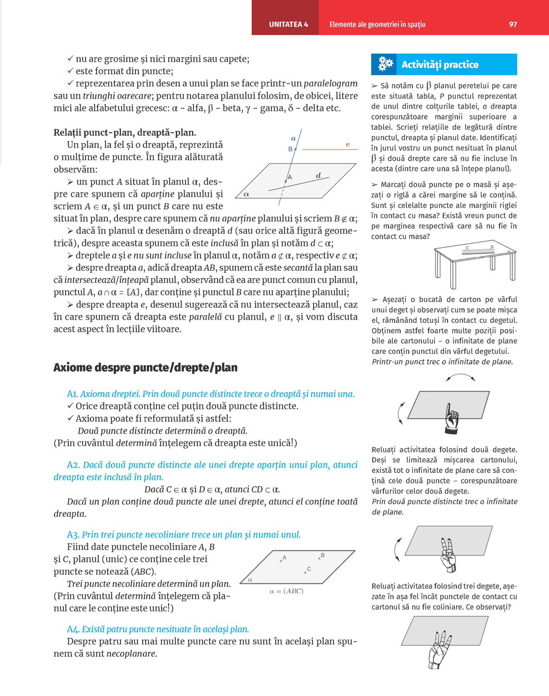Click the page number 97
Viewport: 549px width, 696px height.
[513, 24]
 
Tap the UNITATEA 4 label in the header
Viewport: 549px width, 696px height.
[288, 24]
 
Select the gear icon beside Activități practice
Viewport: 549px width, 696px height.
[385, 64]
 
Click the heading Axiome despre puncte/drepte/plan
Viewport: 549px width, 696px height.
[145, 367]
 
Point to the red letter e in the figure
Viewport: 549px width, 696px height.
[348, 144]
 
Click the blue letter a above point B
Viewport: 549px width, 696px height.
[293, 138]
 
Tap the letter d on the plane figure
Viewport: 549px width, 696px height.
[318, 175]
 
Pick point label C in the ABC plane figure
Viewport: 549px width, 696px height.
[309, 569]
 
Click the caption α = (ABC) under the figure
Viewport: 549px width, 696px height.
[286, 591]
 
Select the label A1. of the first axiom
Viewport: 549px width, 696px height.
[72, 394]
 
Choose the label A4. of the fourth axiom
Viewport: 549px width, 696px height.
[72, 629]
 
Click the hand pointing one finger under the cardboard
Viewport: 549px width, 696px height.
[452, 418]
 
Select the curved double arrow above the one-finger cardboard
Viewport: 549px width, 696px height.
[461, 378]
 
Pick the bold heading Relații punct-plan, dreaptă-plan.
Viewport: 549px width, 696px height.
[124, 132]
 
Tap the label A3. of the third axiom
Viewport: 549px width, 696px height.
[73, 535]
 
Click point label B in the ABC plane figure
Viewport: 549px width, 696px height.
[323, 556]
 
